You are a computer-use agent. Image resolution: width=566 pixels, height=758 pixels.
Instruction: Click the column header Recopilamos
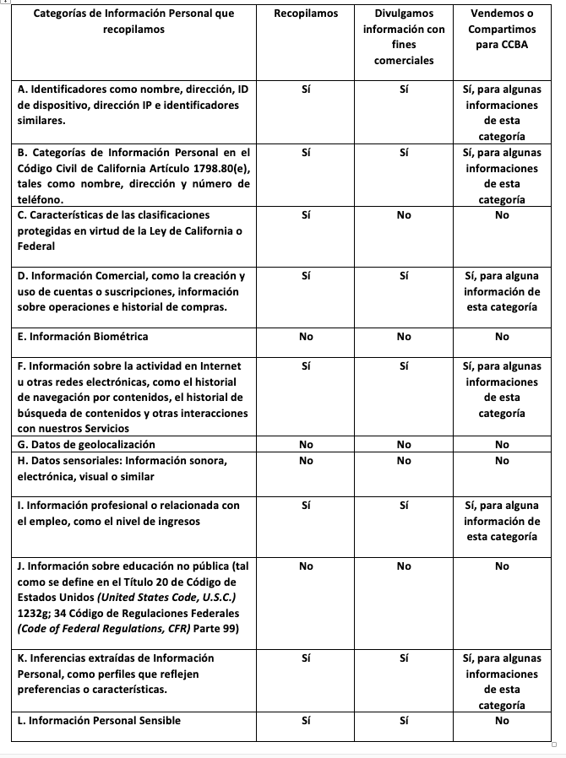(x=306, y=14)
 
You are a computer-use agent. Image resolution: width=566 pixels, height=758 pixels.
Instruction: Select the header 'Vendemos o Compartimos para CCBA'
(x=502, y=30)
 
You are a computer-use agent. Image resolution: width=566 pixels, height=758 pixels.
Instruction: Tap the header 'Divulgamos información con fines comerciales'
(x=403, y=37)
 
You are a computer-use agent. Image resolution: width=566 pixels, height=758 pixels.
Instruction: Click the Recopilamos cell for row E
(x=306, y=337)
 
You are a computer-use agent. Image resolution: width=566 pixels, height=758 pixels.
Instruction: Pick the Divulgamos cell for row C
(x=403, y=215)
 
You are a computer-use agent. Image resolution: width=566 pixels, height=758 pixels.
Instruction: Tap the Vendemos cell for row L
(x=502, y=720)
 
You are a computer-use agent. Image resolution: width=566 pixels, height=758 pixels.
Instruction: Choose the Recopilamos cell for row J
(x=306, y=566)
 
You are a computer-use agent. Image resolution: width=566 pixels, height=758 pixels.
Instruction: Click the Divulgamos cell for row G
(x=403, y=444)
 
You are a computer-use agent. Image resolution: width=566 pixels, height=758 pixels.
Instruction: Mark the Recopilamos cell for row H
(x=306, y=460)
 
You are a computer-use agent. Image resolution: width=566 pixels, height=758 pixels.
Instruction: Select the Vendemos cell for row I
(x=502, y=521)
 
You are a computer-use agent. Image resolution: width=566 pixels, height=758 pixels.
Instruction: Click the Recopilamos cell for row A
(x=306, y=89)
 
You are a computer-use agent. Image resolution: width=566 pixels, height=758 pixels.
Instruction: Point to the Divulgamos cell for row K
(x=403, y=658)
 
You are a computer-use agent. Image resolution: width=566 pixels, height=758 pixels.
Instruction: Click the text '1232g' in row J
(x=32, y=613)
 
